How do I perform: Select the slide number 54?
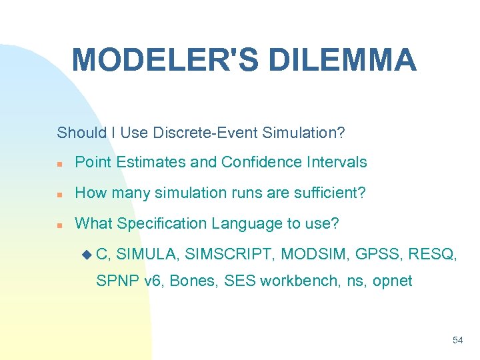pyautogui.click(x=457, y=340)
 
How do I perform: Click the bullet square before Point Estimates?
pyautogui.click(x=60, y=163)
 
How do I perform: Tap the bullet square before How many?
pyautogui.click(x=60, y=194)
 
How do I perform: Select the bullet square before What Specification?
pyautogui.click(x=60, y=225)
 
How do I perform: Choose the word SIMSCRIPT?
pyautogui.click(x=229, y=254)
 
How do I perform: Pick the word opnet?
pyautogui.click(x=392, y=281)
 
